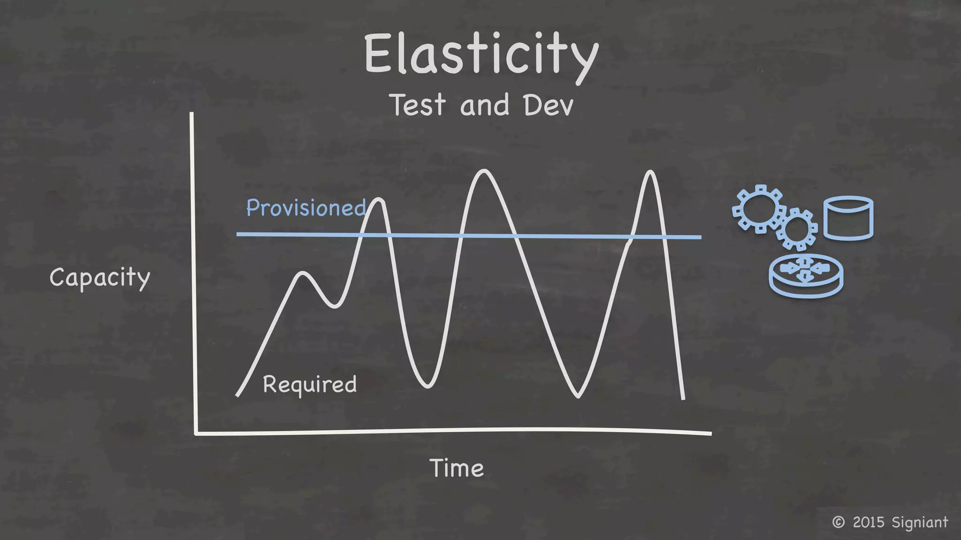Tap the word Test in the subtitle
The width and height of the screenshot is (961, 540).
tap(417, 105)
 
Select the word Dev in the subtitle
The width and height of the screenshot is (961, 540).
tap(548, 105)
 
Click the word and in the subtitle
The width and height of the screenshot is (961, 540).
tap(484, 105)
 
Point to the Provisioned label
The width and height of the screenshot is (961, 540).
tap(305, 208)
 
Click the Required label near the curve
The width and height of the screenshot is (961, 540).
tap(310, 384)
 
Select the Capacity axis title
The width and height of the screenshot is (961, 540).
tap(99, 277)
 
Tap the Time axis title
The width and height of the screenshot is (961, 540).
tap(457, 468)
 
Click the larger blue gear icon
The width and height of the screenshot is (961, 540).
tap(758, 209)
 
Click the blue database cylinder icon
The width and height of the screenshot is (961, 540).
tap(848, 218)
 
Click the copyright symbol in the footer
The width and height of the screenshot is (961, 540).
tap(838, 522)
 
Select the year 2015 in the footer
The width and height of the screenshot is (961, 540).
tap(869, 522)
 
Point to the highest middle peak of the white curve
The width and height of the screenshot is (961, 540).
tap(484, 172)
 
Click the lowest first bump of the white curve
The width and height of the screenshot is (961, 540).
tap(303, 274)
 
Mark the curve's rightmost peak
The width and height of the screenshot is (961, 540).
tap(650, 172)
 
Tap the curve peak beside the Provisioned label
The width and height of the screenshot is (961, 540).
tap(378, 201)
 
